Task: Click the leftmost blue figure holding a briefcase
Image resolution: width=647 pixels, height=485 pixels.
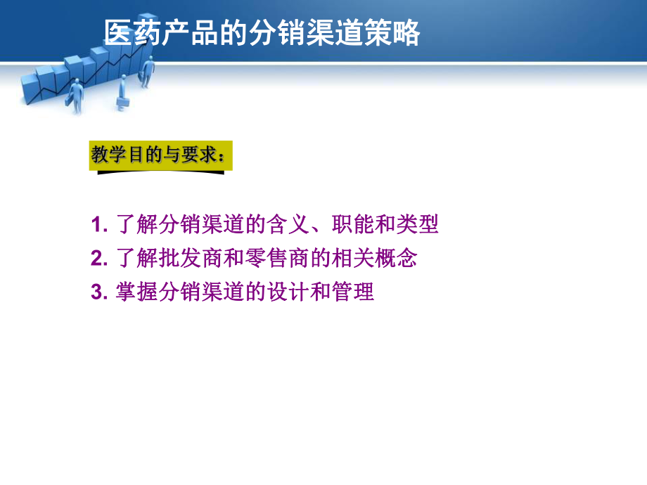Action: [75, 93]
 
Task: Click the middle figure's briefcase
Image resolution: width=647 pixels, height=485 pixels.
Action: [122, 104]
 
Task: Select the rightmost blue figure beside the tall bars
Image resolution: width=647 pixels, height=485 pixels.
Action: [147, 72]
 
